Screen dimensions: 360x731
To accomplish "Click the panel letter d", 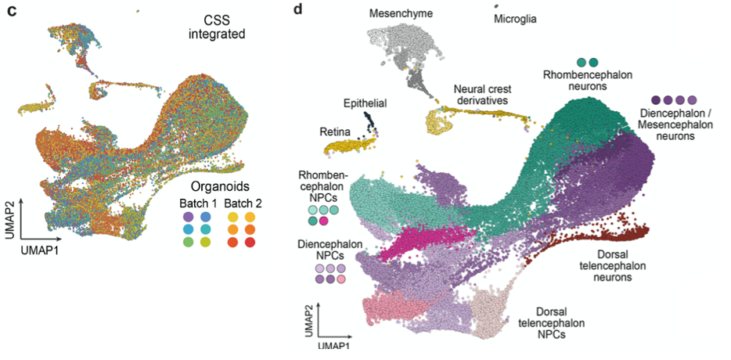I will point(297,11).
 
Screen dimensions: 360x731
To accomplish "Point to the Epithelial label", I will point(365,103).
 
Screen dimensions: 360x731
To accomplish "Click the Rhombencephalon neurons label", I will point(588,80).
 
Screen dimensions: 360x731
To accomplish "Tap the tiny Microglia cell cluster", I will point(496,5).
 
